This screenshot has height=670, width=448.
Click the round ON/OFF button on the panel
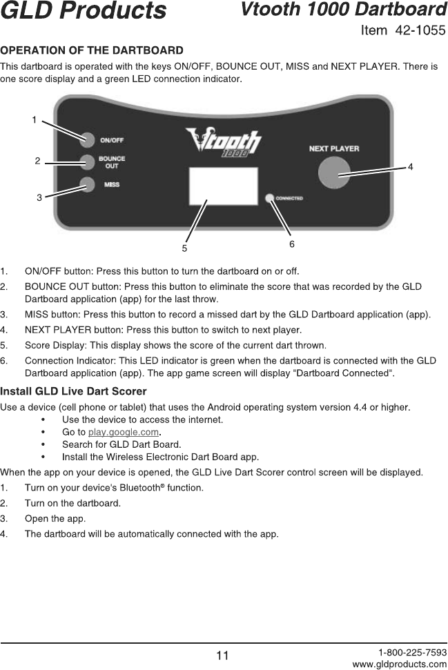click(x=87, y=139)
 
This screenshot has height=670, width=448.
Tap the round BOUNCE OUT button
click(x=87, y=163)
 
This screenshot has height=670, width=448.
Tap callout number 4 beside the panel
click(x=410, y=167)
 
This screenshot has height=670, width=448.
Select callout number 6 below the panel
click(x=292, y=244)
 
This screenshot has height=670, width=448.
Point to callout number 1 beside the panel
click(x=34, y=120)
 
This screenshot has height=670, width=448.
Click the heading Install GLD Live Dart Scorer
click(x=73, y=392)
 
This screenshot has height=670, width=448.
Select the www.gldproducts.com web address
click(x=400, y=664)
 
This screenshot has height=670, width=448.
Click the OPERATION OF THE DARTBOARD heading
click(x=92, y=50)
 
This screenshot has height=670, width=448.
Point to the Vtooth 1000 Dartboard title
click(x=343, y=10)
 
